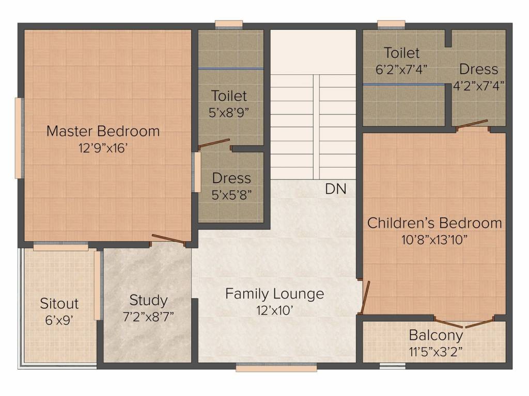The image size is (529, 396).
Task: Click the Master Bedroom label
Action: pyautogui.click(x=103, y=131)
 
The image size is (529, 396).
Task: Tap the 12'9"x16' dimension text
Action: pyautogui.click(x=103, y=148)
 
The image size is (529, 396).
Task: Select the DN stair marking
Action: pyautogui.click(x=336, y=189)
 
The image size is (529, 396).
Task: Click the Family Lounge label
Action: pyautogui.click(x=274, y=294)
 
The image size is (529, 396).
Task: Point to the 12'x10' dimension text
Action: pyautogui.click(x=274, y=311)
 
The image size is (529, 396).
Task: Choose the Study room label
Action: pyautogui.click(x=148, y=300)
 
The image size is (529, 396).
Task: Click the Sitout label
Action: pyautogui.click(x=59, y=303)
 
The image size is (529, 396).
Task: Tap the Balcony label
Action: pyautogui.click(x=435, y=335)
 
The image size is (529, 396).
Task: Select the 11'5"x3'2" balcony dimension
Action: pyautogui.click(x=435, y=352)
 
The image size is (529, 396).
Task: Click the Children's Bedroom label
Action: pyautogui.click(x=434, y=223)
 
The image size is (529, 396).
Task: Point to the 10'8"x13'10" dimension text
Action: pyautogui.click(x=434, y=240)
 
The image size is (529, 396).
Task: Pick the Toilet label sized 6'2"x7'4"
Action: pyautogui.click(x=401, y=53)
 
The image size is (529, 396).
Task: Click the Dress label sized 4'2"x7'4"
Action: pyautogui.click(x=478, y=69)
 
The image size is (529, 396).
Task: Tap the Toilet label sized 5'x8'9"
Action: pyautogui.click(x=229, y=96)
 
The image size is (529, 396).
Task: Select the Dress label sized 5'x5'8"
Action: pyautogui.click(x=231, y=178)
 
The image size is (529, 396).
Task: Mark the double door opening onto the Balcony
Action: pyautogui.click(x=463, y=323)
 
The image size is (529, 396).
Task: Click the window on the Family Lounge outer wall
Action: pyautogui.click(x=276, y=368)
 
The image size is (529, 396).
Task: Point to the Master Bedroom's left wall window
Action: pyautogui.click(x=19, y=138)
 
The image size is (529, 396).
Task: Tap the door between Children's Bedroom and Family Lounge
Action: pyautogui.click(x=365, y=296)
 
